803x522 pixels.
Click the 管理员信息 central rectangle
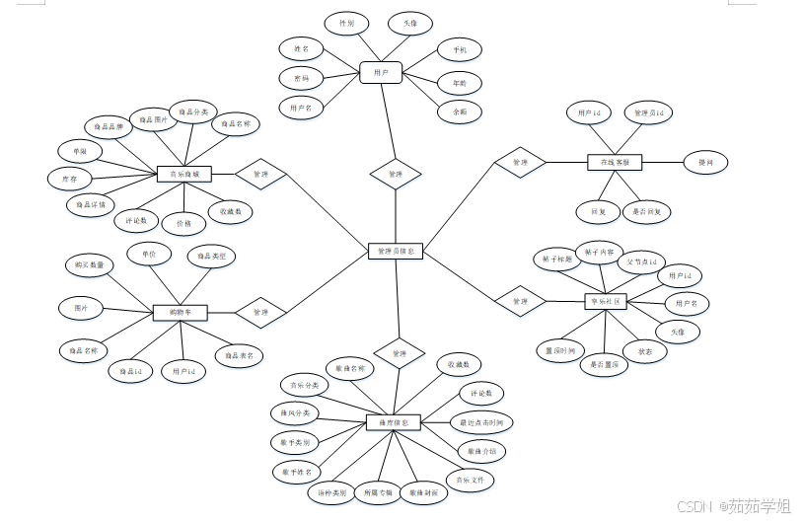pos(396,252)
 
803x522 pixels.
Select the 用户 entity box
pos(380,72)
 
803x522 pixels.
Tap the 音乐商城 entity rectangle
pos(185,174)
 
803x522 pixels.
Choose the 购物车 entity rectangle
pos(181,313)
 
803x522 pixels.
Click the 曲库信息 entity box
pos(394,422)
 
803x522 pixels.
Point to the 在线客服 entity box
pos(615,161)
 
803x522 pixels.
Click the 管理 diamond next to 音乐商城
pos(260,174)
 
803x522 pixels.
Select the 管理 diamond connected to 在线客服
pos(520,162)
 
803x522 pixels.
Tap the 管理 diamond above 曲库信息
pos(399,353)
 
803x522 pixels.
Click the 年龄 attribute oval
pos(459,83)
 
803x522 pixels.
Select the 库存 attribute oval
pos(69,179)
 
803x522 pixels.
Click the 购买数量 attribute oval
pos(90,264)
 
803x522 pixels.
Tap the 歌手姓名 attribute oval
pos(296,471)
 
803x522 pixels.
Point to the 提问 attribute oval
pos(705,162)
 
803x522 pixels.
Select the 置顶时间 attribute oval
pos(561,349)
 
